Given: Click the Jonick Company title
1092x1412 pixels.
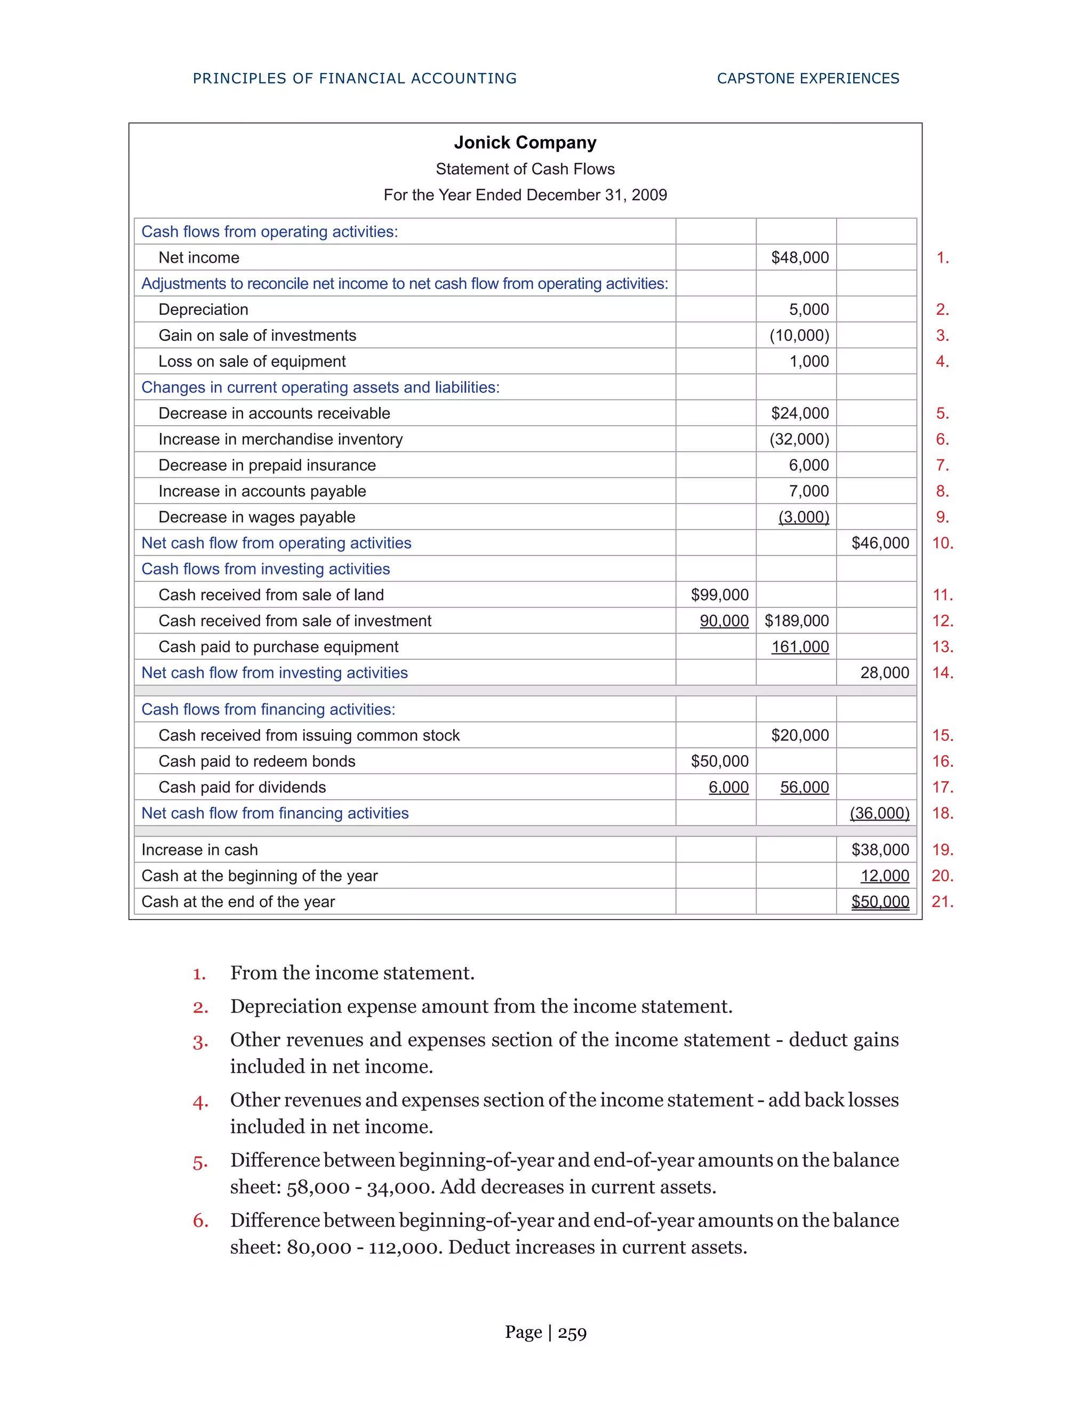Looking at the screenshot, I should coord(525,142).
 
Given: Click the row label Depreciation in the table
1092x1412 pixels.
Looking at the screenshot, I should coord(203,310).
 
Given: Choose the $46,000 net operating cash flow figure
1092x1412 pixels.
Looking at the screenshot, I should coord(880,543).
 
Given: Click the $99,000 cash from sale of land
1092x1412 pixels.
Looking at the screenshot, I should coord(719,595).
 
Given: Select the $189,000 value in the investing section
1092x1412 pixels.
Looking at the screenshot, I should coord(797,621).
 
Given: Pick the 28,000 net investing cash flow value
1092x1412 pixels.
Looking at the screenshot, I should coord(885,673).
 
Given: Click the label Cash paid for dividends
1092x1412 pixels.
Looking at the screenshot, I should coord(242,788).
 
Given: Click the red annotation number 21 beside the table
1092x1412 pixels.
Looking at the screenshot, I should coord(942,902).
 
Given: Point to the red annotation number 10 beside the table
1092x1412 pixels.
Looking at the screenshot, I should coord(942,543).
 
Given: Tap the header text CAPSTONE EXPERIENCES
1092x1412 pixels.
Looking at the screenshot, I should coord(808,78).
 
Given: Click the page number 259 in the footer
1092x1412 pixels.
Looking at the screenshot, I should coord(572,1333).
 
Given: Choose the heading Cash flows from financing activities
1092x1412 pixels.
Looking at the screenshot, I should coord(268,709).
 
